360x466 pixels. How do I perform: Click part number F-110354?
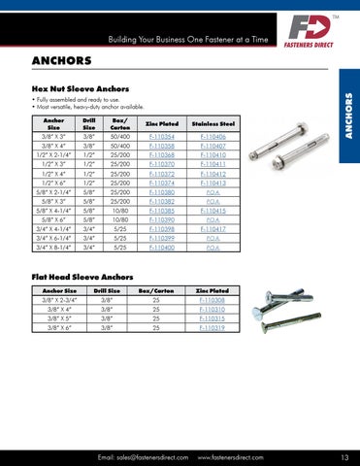(x=165, y=139)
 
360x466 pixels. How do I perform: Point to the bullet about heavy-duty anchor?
(x=91, y=106)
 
